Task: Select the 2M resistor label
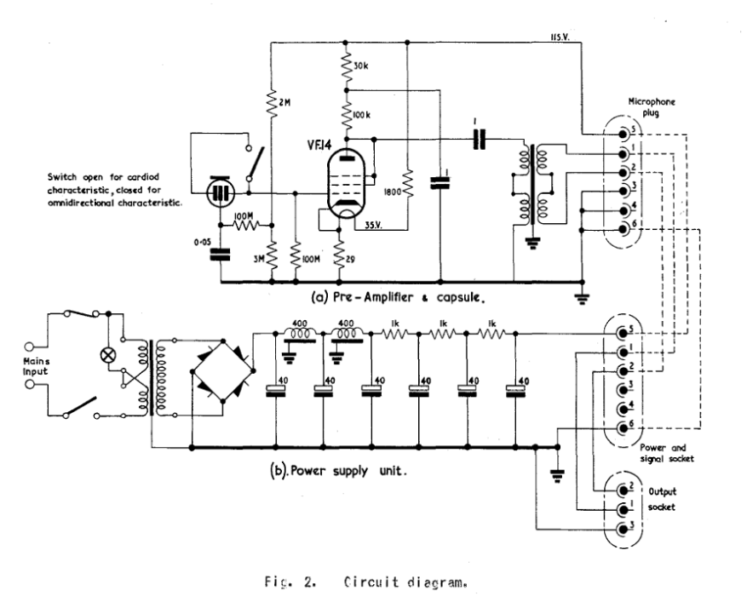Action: (284, 103)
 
